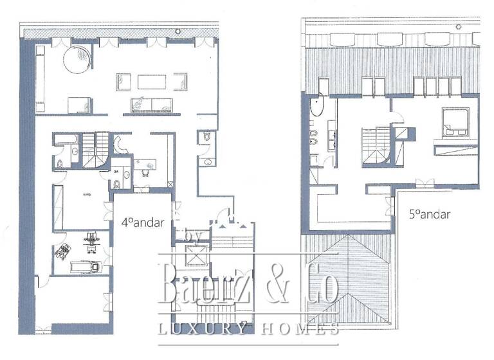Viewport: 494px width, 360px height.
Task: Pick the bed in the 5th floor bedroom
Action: pos(458,122)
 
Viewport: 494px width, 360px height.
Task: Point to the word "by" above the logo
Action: pos(190,238)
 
